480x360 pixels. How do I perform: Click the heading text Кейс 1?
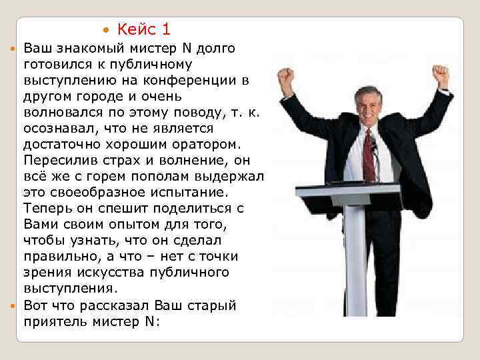tap(144, 29)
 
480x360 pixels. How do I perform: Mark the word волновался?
tap(59, 113)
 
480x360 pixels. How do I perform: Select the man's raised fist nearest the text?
tap(285, 79)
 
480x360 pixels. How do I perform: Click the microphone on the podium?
tap(373, 145)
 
